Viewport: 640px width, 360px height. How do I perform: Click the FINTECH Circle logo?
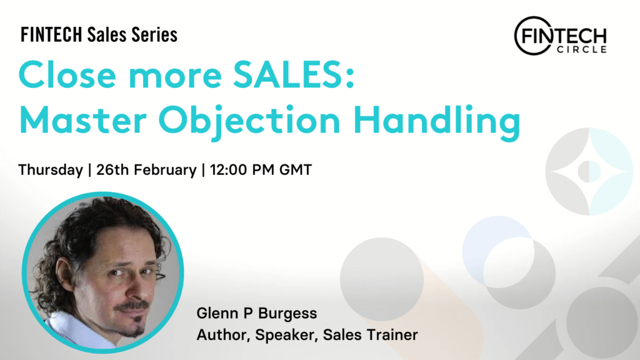[x=561, y=36]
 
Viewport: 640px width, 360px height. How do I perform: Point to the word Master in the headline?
[x=83, y=120]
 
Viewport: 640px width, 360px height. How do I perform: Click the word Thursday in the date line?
[x=51, y=170]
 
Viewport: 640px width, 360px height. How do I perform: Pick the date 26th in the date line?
[x=112, y=169]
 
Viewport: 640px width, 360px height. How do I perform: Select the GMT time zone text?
[x=296, y=169]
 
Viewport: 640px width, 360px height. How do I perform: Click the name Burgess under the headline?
[x=287, y=314]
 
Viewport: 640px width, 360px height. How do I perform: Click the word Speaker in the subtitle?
[x=286, y=336]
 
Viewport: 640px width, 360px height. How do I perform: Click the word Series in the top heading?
[x=154, y=35]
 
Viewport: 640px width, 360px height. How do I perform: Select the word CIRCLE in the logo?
[x=582, y=49]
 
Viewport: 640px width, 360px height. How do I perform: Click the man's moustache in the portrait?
[x=131, y=306]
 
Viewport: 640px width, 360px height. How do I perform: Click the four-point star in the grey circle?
[x=589, y=171]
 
